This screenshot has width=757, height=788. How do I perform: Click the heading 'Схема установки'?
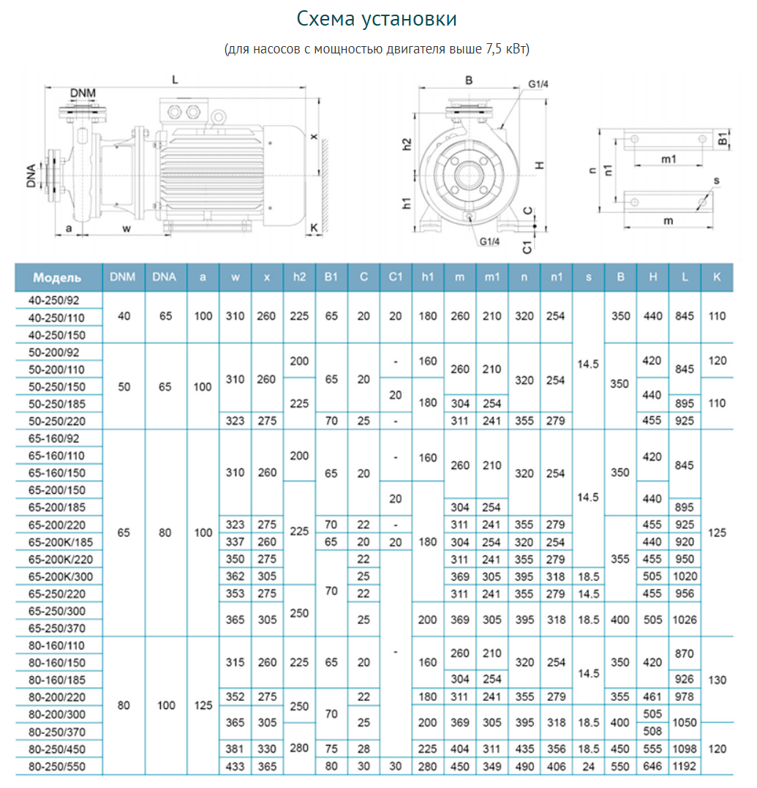(377, 19)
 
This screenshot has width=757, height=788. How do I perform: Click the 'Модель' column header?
(57, 278)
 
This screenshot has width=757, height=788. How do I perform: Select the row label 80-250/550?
(57, 767)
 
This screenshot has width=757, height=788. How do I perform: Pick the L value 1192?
(685, 767)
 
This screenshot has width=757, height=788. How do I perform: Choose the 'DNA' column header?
(165, 277)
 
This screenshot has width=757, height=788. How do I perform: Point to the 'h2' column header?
(298, 277)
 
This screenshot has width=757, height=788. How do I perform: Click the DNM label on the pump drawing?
(83, 93)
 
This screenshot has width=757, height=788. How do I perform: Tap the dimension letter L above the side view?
(175, 78)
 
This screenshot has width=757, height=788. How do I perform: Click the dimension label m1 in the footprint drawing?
(669, 159)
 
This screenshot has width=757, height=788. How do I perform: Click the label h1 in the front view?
(407, 205)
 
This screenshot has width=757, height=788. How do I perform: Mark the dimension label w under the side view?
(126, 228)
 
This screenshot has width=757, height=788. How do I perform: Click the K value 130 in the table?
(718, 680)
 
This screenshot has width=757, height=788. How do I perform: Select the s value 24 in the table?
(588, 767)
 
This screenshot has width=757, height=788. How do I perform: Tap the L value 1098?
(685, 749)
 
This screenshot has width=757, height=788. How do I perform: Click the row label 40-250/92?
(57, 299)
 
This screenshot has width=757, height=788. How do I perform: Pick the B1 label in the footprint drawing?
(722, 139)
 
